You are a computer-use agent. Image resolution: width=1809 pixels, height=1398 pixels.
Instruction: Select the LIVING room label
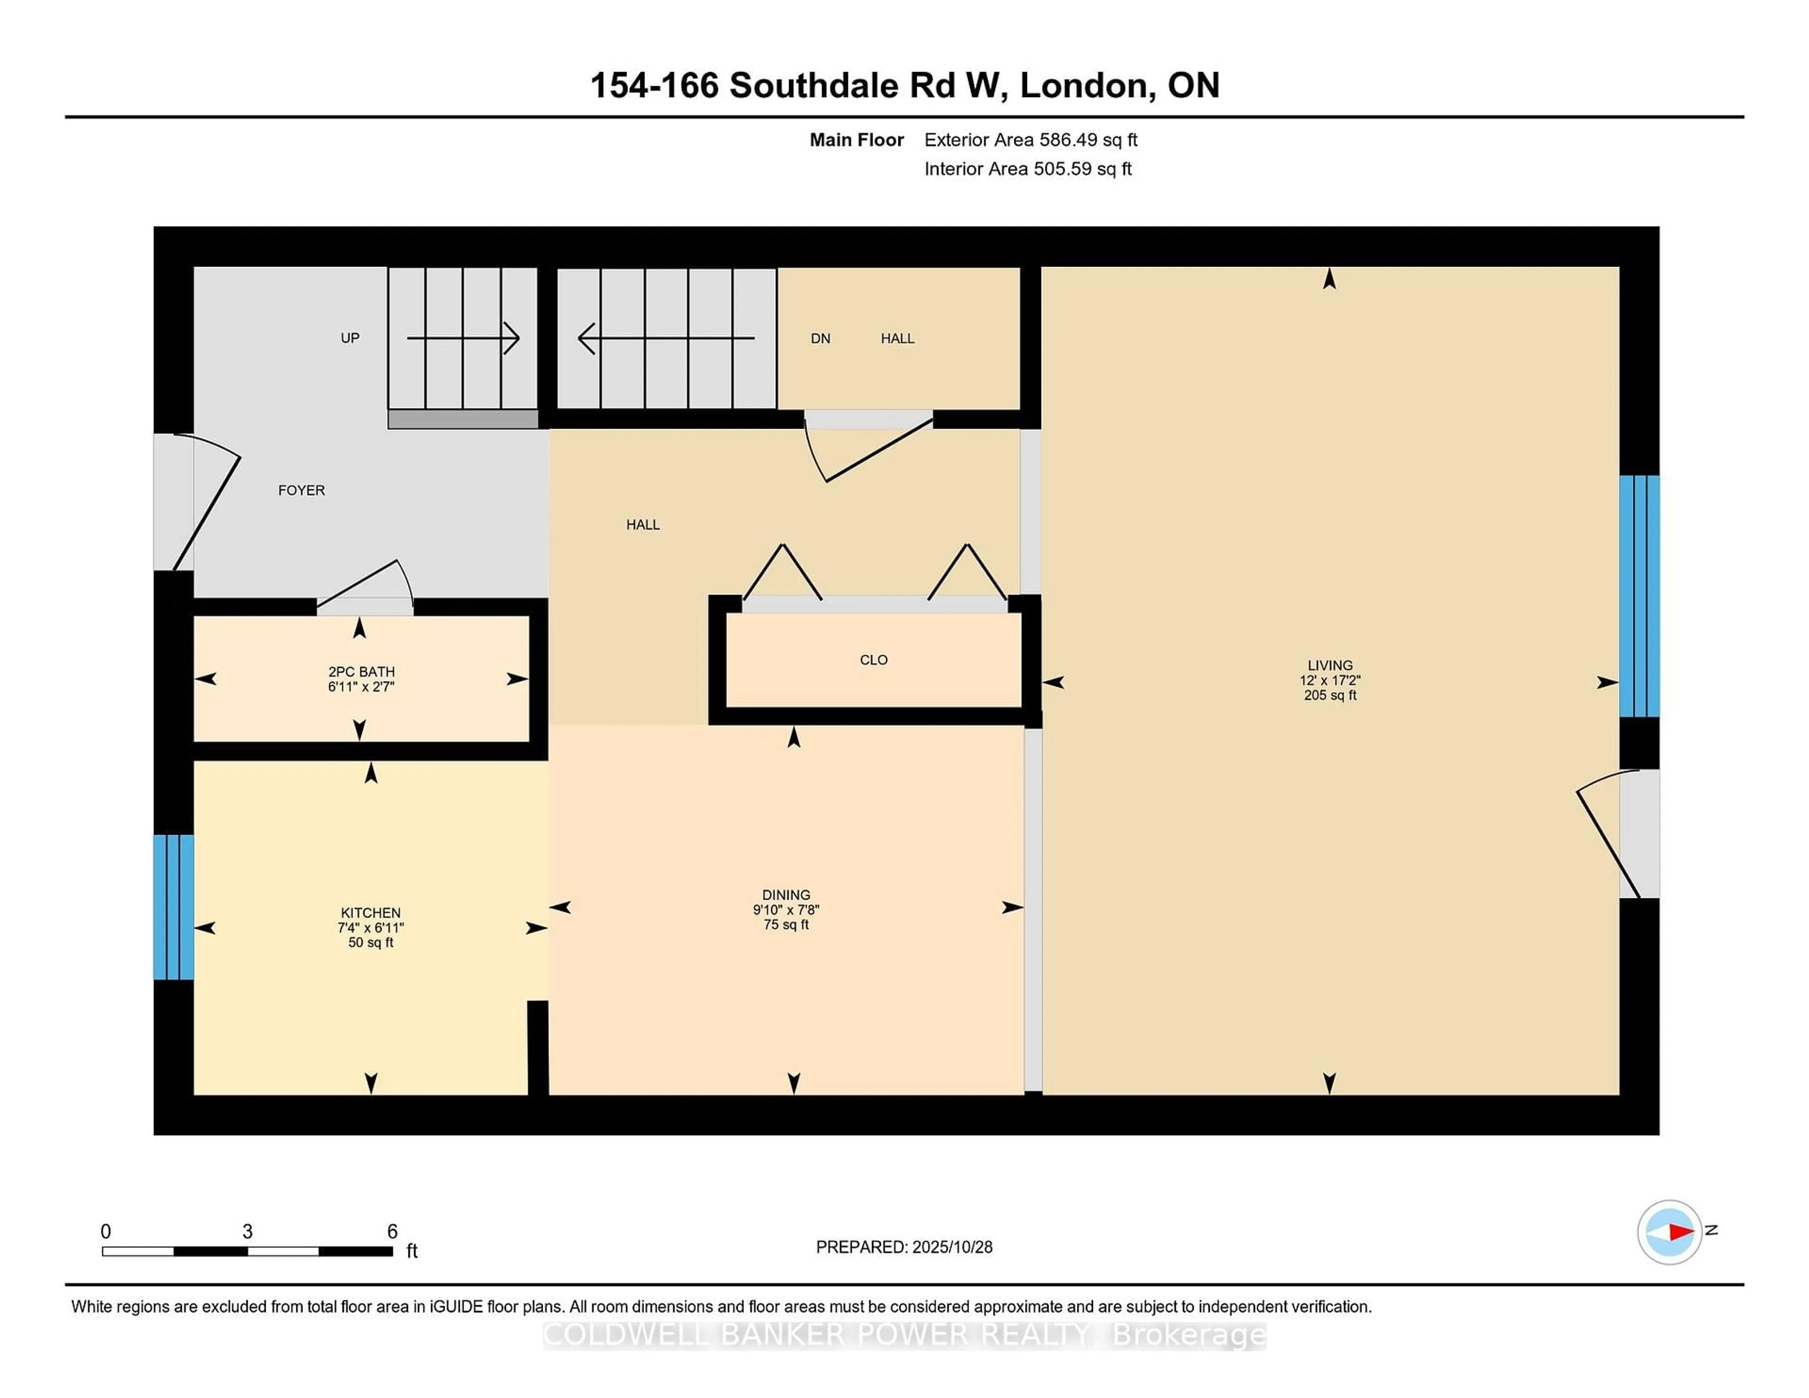tap(1329, 665)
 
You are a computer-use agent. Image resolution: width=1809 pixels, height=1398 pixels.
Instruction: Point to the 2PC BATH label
tap(361, 672)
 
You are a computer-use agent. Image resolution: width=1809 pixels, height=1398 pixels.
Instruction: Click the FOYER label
tap(301, 490)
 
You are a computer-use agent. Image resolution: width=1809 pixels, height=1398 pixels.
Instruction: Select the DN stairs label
tap(820, 338)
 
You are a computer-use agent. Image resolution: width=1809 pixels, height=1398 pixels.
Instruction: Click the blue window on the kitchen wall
tap(173, 907)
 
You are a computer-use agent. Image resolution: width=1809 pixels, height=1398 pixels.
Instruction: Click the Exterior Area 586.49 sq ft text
tap(1030, 140)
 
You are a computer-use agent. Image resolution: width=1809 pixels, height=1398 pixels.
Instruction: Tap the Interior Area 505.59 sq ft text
tap(1027, 169)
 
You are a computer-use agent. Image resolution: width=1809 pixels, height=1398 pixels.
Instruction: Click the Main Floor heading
tap(856, 140)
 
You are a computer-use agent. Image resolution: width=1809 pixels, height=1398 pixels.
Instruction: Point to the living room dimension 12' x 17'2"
tap(1329, 680)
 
